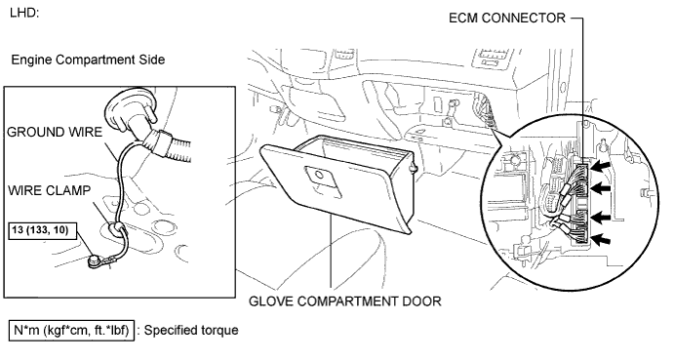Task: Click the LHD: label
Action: click(x=24, y=13)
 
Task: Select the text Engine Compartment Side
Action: click(x=88, y=60)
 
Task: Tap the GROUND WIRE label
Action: click(x=55, y=132)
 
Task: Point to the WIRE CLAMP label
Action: click(x=50, y=190)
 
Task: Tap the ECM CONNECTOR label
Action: click(x=507, y=19)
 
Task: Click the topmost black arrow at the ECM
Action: click(x=601, y=166)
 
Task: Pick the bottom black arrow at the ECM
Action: click(x=601, y=240)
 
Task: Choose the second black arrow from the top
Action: click(x=601, y=187)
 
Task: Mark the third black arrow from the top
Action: click(x=601, y=218)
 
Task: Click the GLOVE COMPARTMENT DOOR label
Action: click(x=345, y=301)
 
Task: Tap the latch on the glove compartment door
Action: click(x=319, y=175)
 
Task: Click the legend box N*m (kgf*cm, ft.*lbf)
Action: click(x=72, y=331)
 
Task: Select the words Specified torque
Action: click(x=191, y=331)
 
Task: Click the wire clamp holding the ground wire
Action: click(x=115, y=227)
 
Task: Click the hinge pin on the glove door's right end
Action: click(x=414, y=168)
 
